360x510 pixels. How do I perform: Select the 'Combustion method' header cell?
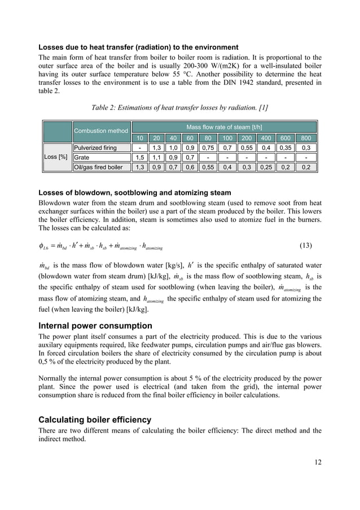pyautogui.click(x=100, y=130)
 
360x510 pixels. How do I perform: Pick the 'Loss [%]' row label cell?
pyautogui.click(x=57, y=156)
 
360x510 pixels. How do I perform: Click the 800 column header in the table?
pyautogui.click(x=307, y=138)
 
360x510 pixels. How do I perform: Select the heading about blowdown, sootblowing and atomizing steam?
pyautogui.click(x=134, y=193)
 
